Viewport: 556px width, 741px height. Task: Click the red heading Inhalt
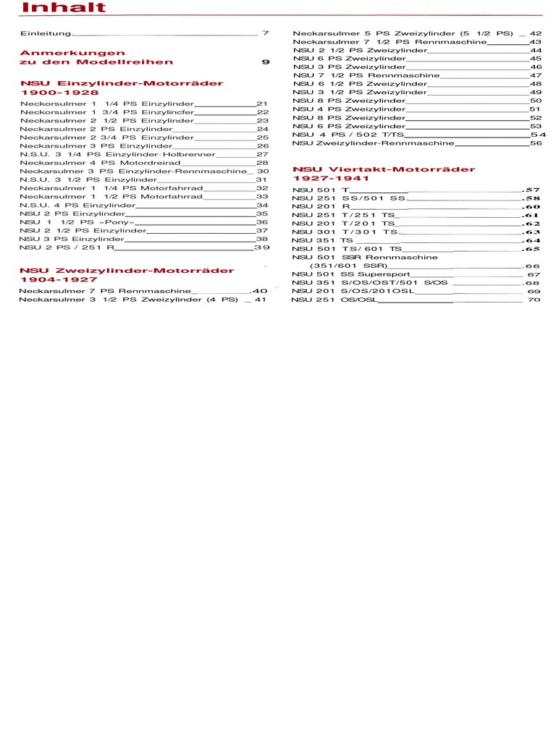[x=63, y=8]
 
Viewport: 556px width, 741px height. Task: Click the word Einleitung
[x=46, y=33]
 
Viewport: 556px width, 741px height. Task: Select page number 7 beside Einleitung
[x=266, y=33]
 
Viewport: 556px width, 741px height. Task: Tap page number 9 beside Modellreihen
[x=266, y=62]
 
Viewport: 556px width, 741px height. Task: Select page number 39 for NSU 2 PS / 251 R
[x=261, y=247]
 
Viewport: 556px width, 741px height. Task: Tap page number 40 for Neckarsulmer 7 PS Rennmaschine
[x=259, y=290]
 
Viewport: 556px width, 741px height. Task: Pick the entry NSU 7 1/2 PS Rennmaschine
[x=366, y=75]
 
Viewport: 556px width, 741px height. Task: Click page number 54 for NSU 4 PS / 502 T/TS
[x=538, y=135]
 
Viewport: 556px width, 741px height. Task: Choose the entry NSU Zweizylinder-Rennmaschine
[x=374, y=143]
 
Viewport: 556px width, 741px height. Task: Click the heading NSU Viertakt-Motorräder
[x=384, y=169]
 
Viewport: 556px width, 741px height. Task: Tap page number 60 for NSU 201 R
[x=532, y=206]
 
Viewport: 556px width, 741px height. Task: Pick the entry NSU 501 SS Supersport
[x=351, y=274]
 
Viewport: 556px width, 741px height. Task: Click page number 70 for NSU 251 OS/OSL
[x=534, y=300]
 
